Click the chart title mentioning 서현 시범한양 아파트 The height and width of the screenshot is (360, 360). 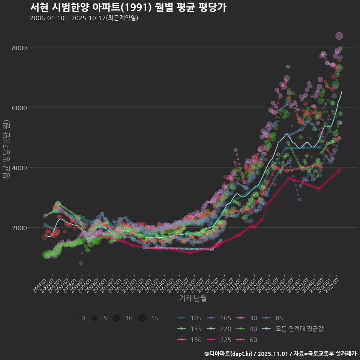coord(128,7)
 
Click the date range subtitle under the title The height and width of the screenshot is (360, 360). coord(84,18)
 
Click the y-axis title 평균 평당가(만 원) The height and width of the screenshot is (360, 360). coord(6,150)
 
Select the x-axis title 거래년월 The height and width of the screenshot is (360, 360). coord(193,298)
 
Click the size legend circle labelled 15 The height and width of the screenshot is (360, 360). coord(142,318)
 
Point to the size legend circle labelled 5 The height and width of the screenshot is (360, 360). coord(94,318)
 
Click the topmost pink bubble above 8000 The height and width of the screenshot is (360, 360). coord(339,36)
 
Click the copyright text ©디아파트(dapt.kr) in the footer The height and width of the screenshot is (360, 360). coord(229,354)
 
